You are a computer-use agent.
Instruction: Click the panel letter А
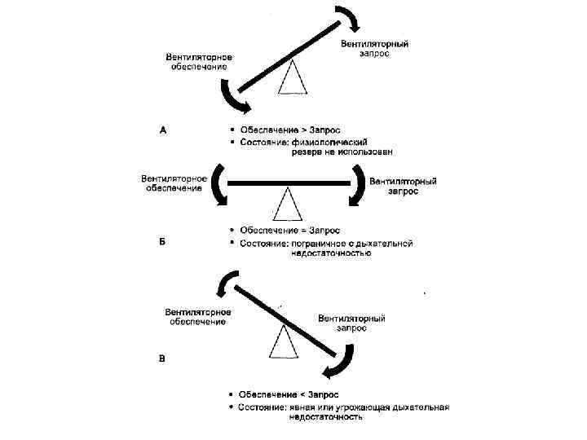(x=163, y=129)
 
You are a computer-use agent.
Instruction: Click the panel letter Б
(x=163, y=241)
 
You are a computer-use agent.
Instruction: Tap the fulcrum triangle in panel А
(x=295, y=78)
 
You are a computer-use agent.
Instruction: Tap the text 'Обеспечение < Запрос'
(x=289, y=394)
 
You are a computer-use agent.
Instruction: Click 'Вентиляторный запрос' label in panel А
(x=374, y=48)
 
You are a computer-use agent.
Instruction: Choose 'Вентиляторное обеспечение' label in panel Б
(x=172, y=183)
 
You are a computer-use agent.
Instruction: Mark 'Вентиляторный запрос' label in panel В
(x=351, y=323)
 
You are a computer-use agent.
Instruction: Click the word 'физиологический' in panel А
(x=329, y=141)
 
